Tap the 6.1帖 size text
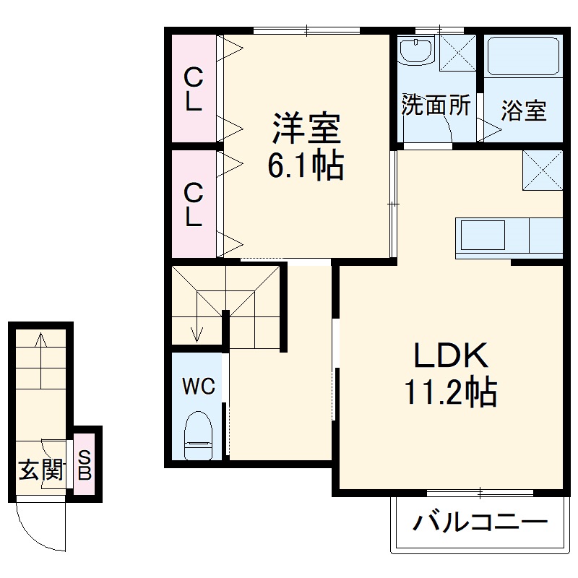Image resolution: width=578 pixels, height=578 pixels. click(306, 168)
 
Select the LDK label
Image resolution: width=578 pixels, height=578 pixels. click(452, 355)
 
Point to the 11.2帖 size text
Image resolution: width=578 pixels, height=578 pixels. click(450, 392)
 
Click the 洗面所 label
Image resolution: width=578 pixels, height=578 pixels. click(436, 106)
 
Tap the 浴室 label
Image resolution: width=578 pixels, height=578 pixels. click(524, 111)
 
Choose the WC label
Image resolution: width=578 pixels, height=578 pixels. click(198, 387)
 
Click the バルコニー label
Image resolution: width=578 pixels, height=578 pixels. click(479, 522)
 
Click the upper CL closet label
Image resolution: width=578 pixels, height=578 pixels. click(193, 89)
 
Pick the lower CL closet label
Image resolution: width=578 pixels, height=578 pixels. click(193, 204)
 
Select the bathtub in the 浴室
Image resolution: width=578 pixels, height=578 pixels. click(524, 57)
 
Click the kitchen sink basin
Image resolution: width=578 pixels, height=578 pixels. click(483, 236)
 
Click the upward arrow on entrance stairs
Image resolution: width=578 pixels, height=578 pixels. click(41, 340)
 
